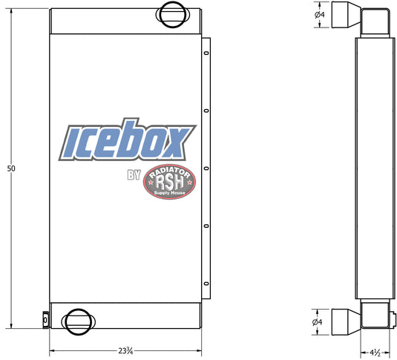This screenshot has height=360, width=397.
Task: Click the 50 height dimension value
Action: pos(11,168)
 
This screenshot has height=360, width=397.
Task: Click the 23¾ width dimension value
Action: pos(125,351)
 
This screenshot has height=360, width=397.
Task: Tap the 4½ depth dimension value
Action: pos(375,353)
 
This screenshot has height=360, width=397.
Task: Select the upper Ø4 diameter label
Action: pos(320,15)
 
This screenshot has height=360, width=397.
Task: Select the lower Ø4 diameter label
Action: pos(318,322)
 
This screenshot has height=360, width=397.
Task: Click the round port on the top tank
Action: pos(172,14)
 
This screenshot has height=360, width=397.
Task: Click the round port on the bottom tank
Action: pos(79,321)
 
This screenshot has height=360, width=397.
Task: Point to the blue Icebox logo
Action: pos(128,140)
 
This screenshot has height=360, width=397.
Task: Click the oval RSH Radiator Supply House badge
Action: pos(169,182)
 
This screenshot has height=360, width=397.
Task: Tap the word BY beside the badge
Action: pos(134,175)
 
